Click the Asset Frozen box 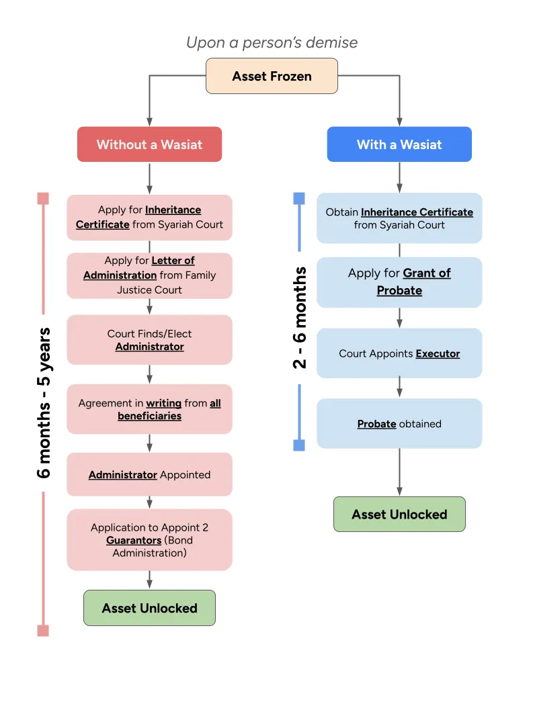click(272, 76)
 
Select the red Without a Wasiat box click(149, 144)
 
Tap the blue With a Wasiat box click(399, 144)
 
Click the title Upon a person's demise click(272, 42)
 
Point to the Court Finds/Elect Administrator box click(149, 340)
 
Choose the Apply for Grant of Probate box click(399, 282)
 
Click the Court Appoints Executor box click(399, 353)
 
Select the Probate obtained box click(399, 424)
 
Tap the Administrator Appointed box click(149, 474)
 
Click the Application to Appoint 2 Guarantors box click(149, 540)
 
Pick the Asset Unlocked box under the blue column click(399, 515)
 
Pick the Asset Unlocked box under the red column click(149, 608)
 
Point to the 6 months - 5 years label click(44, 402)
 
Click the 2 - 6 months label click(300, 317)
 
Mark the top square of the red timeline click(43, 198)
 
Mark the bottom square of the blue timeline click(299, 445)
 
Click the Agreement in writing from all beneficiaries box click(149, 409)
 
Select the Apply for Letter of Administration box click(149, 275)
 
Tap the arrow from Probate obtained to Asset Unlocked click(399, 472)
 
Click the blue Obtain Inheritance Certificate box click(399, 218)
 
